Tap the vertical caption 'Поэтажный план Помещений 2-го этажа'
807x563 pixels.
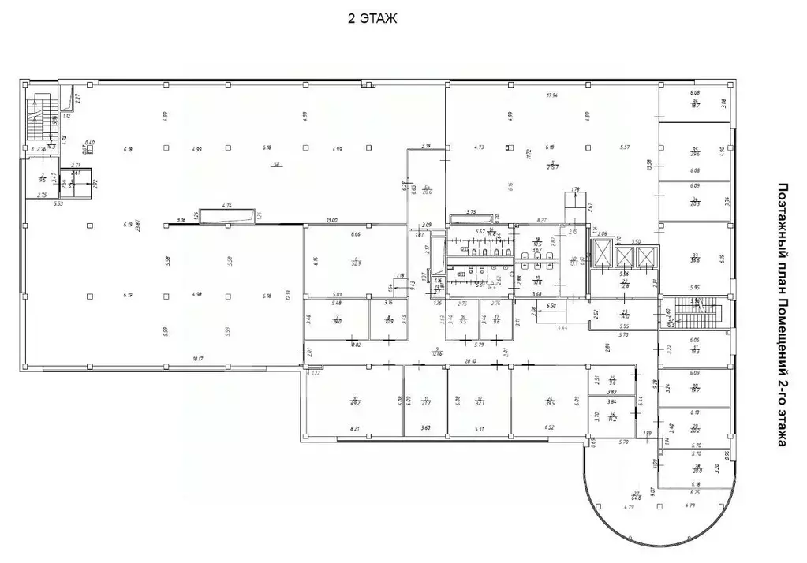[783, 315]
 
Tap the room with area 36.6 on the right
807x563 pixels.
[696, 257]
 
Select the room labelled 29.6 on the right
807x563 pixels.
[696, 151]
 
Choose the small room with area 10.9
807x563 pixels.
[389, 320]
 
